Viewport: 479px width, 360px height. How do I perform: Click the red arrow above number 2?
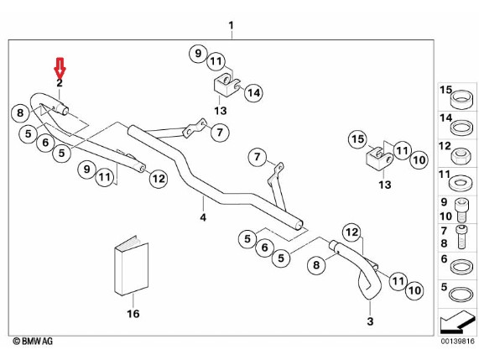[60, 67]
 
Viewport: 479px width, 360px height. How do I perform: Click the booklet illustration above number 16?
[132, 265]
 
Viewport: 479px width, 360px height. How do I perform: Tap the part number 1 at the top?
[232, 25]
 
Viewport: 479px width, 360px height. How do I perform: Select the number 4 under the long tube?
[203, 217]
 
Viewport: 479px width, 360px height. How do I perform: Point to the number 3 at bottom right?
[370, 321]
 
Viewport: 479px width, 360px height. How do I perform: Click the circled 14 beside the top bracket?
[254, 92]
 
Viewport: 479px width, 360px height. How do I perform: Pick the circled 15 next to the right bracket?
[357, 139]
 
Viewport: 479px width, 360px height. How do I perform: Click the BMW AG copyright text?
[33, 341]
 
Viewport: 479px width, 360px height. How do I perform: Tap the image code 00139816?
[457, 341]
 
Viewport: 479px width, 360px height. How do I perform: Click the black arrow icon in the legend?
[456, 321]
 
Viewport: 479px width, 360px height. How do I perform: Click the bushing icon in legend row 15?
[461, 99]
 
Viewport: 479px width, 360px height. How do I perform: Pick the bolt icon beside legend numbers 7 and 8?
[461, 237]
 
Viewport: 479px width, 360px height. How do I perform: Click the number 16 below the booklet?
[133, 314]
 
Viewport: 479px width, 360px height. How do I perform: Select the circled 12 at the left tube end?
[159, 179]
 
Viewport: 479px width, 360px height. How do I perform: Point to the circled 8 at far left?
[20, 112]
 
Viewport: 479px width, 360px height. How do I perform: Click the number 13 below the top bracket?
[221, 111]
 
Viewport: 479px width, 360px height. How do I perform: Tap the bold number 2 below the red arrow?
[60, 83]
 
